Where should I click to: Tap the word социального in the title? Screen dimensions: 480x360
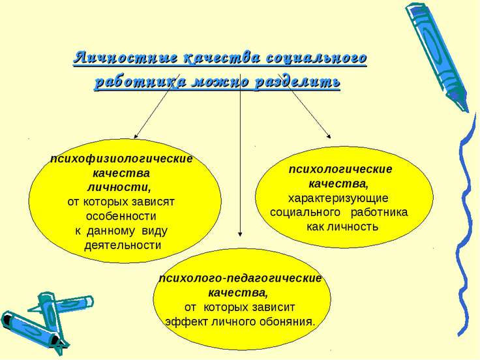click(x=316, y=58)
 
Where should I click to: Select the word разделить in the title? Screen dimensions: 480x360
click(x=297, y=82)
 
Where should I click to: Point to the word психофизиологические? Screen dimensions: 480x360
click(x=122, y=159)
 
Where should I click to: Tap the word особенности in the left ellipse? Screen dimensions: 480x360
click(x=121, y=216)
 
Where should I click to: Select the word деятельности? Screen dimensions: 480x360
click(x=123, y=245)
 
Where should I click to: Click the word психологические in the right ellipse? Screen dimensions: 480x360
click(x=340, y=170)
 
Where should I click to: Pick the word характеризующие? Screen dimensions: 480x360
click(x=338, y=198)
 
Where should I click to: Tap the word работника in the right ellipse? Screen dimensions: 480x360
click(x=379, y=213)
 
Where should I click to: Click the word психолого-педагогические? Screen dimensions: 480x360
click(x=241, y=278)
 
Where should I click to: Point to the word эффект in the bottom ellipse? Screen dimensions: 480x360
click(x=181, y=322)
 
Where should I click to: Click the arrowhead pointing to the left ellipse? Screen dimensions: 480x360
click(x=136, y=136)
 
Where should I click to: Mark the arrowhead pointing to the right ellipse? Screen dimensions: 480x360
click(x=329, y=136)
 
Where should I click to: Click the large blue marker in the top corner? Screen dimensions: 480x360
click(x=437, y=57)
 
